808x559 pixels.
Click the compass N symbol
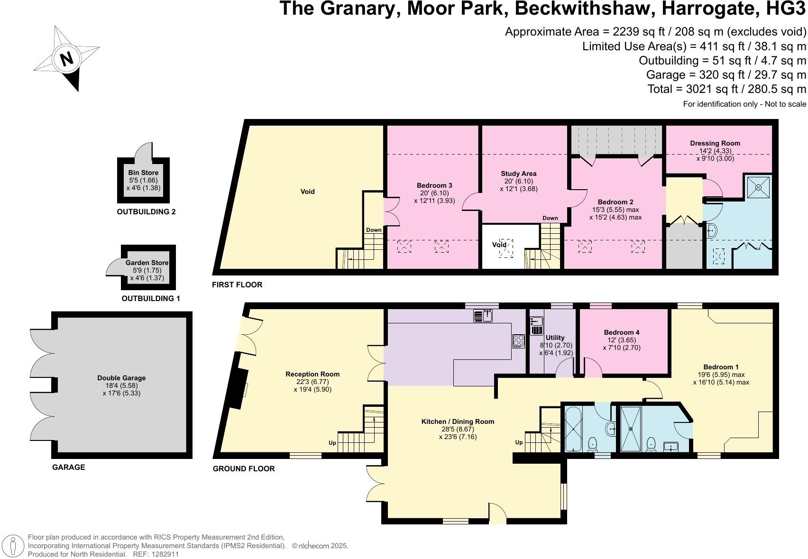[66, 59]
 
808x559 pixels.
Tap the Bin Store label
[143, 173]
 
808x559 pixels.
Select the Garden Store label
[147, 263]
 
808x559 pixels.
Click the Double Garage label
[121, 378]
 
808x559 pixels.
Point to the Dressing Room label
[715, 143]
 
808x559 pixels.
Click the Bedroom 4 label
[622, 332]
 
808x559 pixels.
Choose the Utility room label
[555, 338]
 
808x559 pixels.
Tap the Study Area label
[519, 174]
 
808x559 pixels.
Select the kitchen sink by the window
[484, 315]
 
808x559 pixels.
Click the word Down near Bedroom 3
[374, 230]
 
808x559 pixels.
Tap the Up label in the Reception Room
[332, 443]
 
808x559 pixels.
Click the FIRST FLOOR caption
[237, 284]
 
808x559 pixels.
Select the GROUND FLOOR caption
[244, 468]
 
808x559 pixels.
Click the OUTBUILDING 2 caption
[146, 212]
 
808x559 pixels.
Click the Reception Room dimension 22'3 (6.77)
[312, 382]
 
